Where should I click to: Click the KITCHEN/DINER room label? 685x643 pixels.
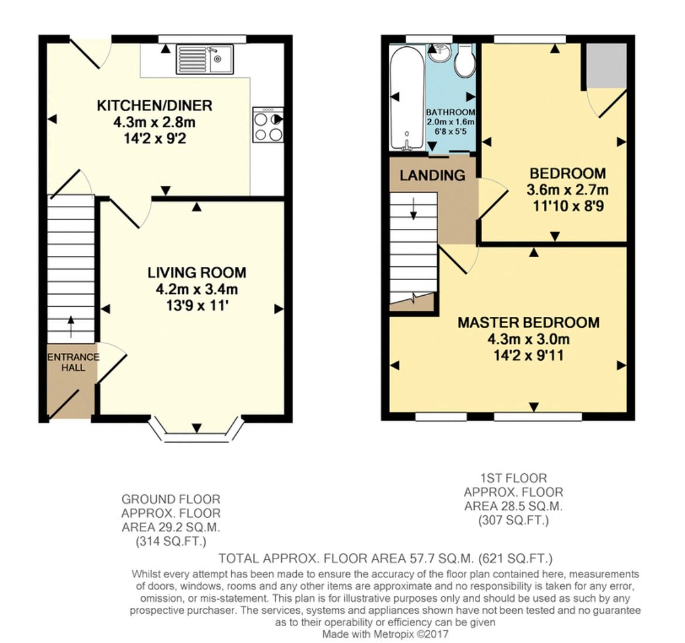[x=154, y=105]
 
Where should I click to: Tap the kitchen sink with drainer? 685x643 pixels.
[x=205, y=59]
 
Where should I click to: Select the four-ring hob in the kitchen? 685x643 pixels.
[x=268, y=125]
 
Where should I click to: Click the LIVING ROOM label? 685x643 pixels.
[x=197, y=272]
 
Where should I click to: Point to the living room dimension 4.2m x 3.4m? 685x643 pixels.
[x=197, y=289]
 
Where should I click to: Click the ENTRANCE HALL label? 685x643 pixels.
[x=73, y=362]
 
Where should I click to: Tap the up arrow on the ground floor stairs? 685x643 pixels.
[x=71, y=326]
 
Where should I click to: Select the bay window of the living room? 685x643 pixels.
[x=196, y=430]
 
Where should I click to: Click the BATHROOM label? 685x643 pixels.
[x=450, y=112]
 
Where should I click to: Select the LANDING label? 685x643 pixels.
[x=433, y=176]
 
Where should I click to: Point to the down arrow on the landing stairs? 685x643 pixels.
[x=413, y=208]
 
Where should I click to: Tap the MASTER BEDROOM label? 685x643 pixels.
[x=529, y=322]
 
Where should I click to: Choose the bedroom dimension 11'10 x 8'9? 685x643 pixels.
[x=568, y=206]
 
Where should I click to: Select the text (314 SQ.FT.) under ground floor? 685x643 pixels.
[x=171, y=542]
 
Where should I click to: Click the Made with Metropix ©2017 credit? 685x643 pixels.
[x=385, y=634]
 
